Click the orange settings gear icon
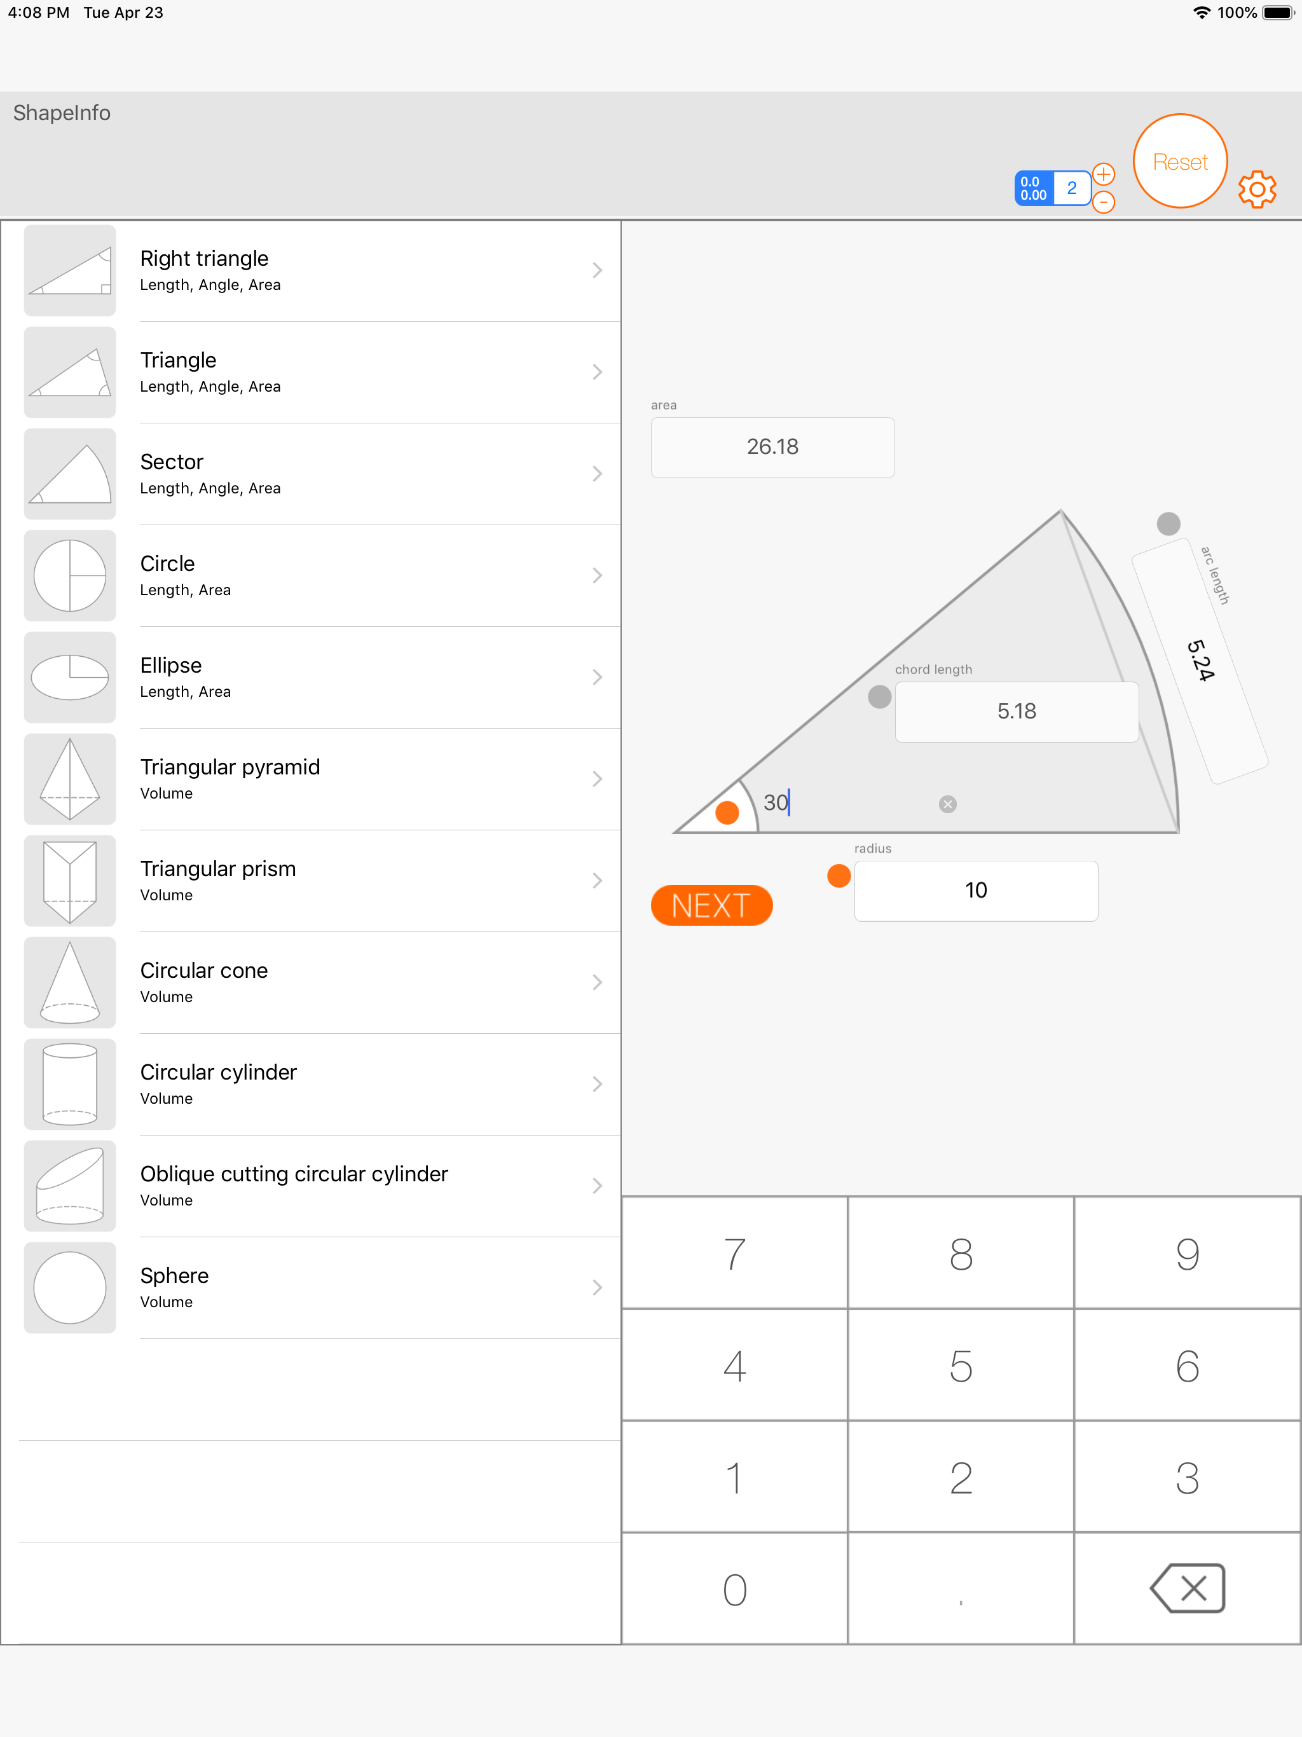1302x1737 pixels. click(x=1257, y=189)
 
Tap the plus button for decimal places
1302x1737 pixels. click(x=1103, y=174)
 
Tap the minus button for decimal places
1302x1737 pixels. click(x=1103, y=203)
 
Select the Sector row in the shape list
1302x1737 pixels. click(x=322, y=474)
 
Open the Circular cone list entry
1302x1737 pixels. click(x=322, y=982)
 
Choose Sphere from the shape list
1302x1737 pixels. click(x=322, y=1288)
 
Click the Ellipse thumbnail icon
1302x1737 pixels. click(x=70, y=677)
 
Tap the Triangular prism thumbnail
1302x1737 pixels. click(x=70, y=881)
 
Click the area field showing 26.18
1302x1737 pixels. click(x=772, y=447)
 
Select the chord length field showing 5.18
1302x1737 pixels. click(x=1017, y=711)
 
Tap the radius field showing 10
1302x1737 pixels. click(x=976, y=891)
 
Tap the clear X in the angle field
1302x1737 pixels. click(x=948, y=804)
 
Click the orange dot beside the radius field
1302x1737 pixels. click(x=839, y=875)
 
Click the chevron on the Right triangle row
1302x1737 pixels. click(x=598, y=270)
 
